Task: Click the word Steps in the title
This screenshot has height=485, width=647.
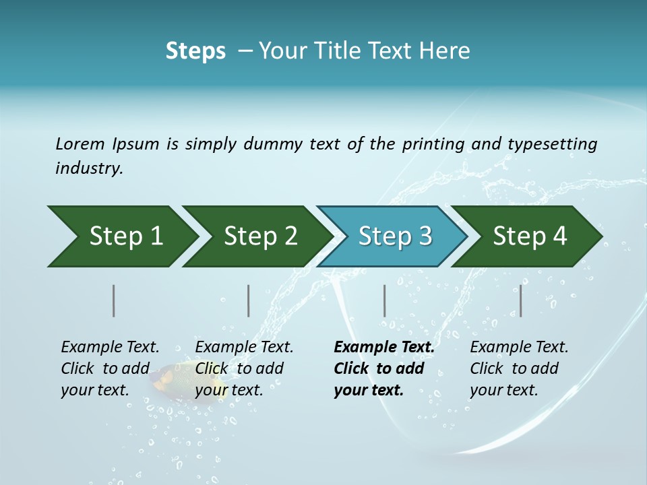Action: [195, 51]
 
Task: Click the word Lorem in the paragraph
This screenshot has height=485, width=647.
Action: [80, 144]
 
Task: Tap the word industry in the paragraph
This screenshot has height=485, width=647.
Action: [89, 168]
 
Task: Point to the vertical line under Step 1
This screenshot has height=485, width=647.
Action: [114, 300]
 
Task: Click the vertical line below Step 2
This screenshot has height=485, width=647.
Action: [249, 300]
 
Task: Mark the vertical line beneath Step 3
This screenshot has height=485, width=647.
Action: [384, 300]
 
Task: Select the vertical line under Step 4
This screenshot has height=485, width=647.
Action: [520, 300]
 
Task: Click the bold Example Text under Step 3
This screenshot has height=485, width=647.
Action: [384, 348]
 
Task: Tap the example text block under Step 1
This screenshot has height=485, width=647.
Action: [110, 368]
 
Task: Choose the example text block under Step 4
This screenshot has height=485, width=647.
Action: [519, 368]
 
